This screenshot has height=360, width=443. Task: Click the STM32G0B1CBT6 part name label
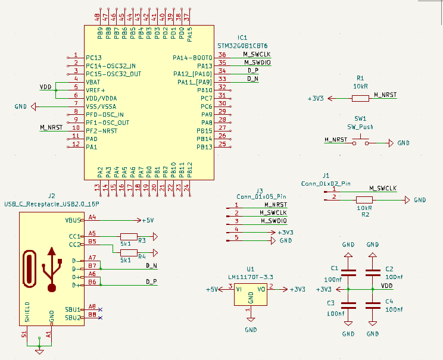point(244,45)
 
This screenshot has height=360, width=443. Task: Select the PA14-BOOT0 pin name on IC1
point(192,58)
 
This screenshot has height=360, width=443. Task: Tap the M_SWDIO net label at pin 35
point(257,62)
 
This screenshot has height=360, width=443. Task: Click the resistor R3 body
point(129,236)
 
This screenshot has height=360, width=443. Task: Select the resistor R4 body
point(129,252)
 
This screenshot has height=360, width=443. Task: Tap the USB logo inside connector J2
point(52,268)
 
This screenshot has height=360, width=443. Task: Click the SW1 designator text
point(360,118)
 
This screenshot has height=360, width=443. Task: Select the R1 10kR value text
point(360,86)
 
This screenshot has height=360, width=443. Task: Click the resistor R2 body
point(364,200)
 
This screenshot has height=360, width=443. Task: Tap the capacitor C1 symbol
point(348,273)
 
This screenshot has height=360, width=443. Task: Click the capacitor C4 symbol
point(373,305)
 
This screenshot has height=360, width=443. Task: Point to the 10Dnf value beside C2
point(394,277)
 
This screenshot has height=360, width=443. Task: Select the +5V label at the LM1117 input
point(212,289)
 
